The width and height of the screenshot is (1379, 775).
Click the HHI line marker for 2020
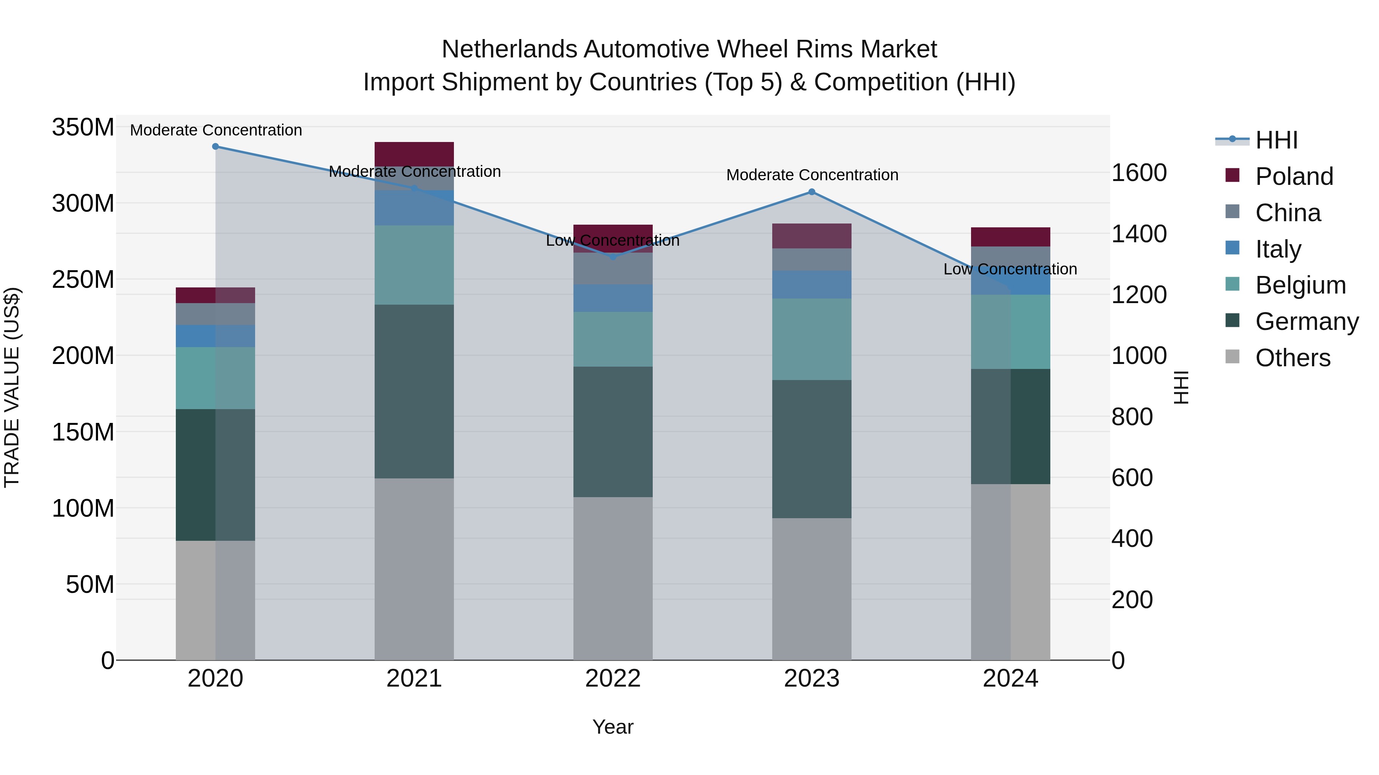[216, 147]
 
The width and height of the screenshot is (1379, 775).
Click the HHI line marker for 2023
[812, 192]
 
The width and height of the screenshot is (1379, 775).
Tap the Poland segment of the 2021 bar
[414, 154]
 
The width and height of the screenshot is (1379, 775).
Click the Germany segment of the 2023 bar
[812, 449]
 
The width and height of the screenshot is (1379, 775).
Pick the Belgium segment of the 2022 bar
[613, 339]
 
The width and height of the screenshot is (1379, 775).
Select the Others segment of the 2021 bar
[414, 569]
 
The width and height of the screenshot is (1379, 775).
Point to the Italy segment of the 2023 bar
[812, 284]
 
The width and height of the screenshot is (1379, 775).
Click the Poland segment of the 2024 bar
[1010, 237]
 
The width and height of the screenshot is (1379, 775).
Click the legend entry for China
[1287, 213]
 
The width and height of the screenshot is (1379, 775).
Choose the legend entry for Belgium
[1300, 285]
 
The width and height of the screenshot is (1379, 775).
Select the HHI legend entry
[1276, 140]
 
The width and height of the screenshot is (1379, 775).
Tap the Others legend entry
[1292, 358]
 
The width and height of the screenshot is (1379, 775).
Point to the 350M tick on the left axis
[83, 128]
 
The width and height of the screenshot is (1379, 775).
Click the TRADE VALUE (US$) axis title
[12, 387]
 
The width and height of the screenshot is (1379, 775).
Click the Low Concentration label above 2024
[1010, 269]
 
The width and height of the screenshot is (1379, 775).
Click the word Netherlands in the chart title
[509, 49]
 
